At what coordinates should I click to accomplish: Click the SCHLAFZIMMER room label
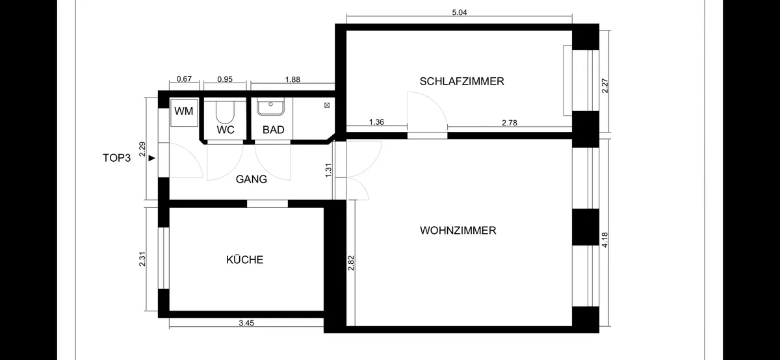pyautogui.click(x=461, y=81)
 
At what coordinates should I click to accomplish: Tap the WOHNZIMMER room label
pyautogui.click(x=458, y=231)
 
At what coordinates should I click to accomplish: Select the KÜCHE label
pyautogui.click(x=245, y=260)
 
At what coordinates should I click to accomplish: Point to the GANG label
pyautogui.click(x=252, y=179)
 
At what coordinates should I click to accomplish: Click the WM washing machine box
pyautogui.click(x=184, y=112)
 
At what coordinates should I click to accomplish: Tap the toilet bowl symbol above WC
pyautogui.click(x=225, y=112)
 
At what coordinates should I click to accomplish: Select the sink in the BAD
pyautogui.click(x=270, y=107)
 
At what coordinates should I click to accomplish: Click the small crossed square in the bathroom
pyautogui.click(x=326, y=105)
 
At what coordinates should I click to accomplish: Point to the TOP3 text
pyautogui.click(x=116, y=158)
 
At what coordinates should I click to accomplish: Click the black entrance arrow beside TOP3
pyautogui.click(x=152, y=158)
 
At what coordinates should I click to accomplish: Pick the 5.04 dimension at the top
pyautogui.click(x=460, y=12)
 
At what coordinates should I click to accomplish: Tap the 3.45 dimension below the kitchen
pyautogui.click(x=246, y=323)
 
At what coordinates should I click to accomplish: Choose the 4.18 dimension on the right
pyautogui.click(x=605, y=240)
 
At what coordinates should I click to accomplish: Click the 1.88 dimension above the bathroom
pyautogui.click(x=292, y=80)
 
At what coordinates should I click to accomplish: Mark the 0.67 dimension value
pyautogui.click(x=184, y=79)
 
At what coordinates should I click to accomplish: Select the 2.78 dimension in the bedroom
pyautogui.click(x=510, y=123)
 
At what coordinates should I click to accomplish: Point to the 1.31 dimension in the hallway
pyautogui.click(x=328, y=170)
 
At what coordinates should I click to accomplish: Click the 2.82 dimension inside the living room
pyautogui.click(x=350, y=263)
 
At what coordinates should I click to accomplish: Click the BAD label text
pyautogui.click(x=274, y=130)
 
